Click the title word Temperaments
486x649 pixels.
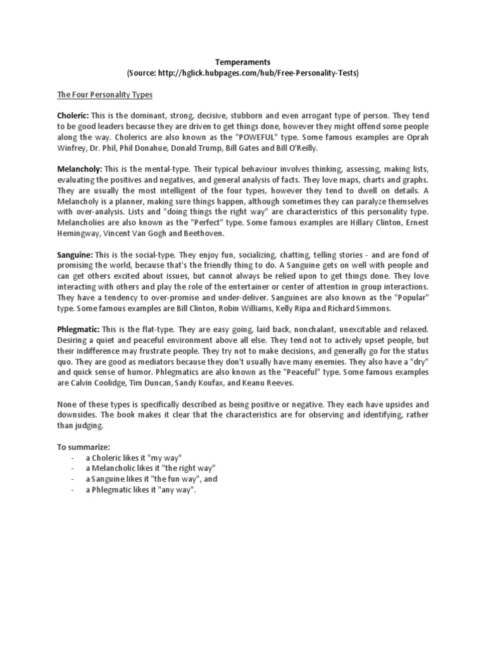243,61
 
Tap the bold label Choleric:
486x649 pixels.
73,117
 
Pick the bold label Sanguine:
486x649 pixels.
75,254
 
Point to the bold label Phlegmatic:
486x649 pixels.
79,330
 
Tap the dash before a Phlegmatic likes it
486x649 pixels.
74,490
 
